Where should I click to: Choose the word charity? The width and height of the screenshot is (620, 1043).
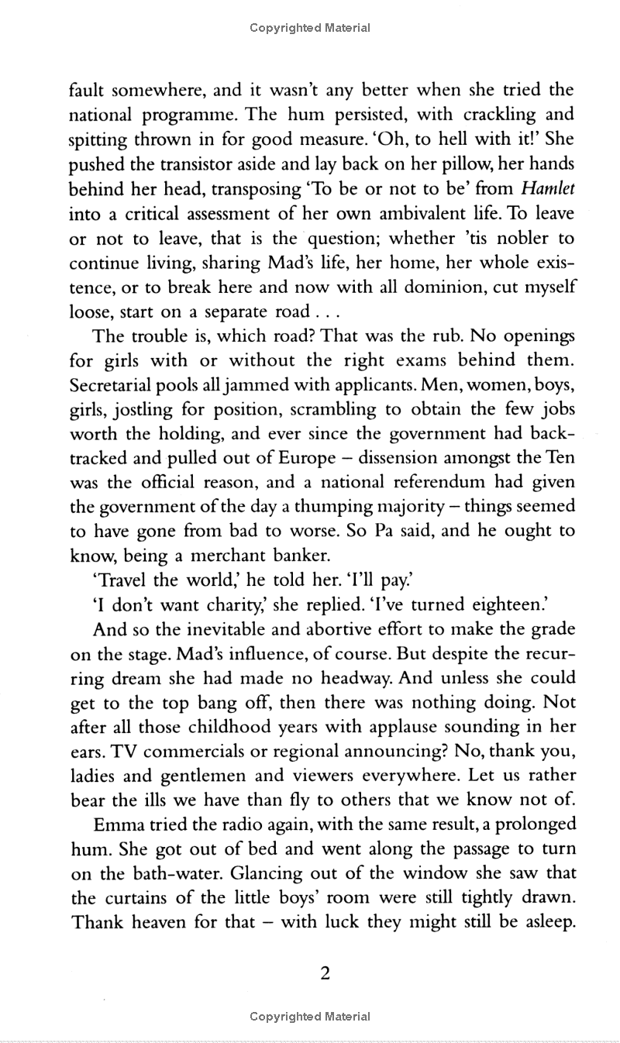pos(234,604)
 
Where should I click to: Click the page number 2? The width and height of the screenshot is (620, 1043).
pos(325,973)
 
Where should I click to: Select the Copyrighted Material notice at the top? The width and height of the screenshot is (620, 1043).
pos(310,28)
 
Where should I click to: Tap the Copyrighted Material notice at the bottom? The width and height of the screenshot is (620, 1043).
pos(310,1016)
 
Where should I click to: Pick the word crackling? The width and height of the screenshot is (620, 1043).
pos(504,115)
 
